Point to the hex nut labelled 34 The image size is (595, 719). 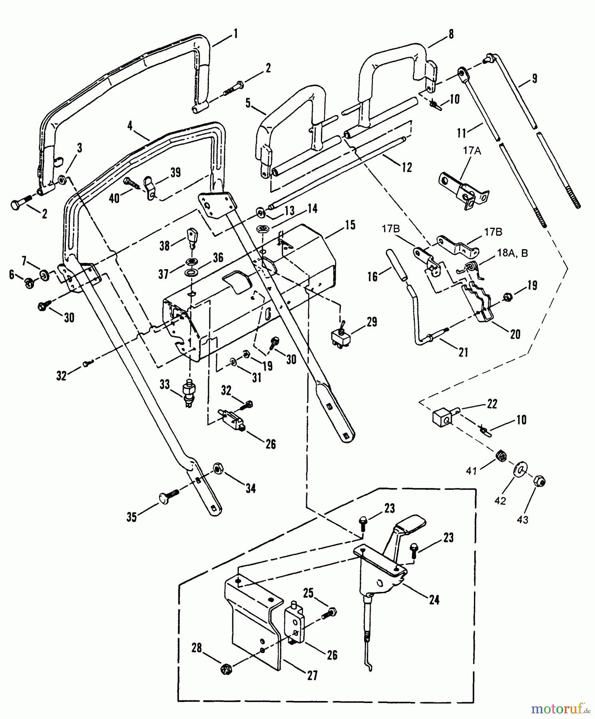(x=218, y=468)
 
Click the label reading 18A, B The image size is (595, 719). (x=512, y=253)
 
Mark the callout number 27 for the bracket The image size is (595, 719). (x=312, y=675)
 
